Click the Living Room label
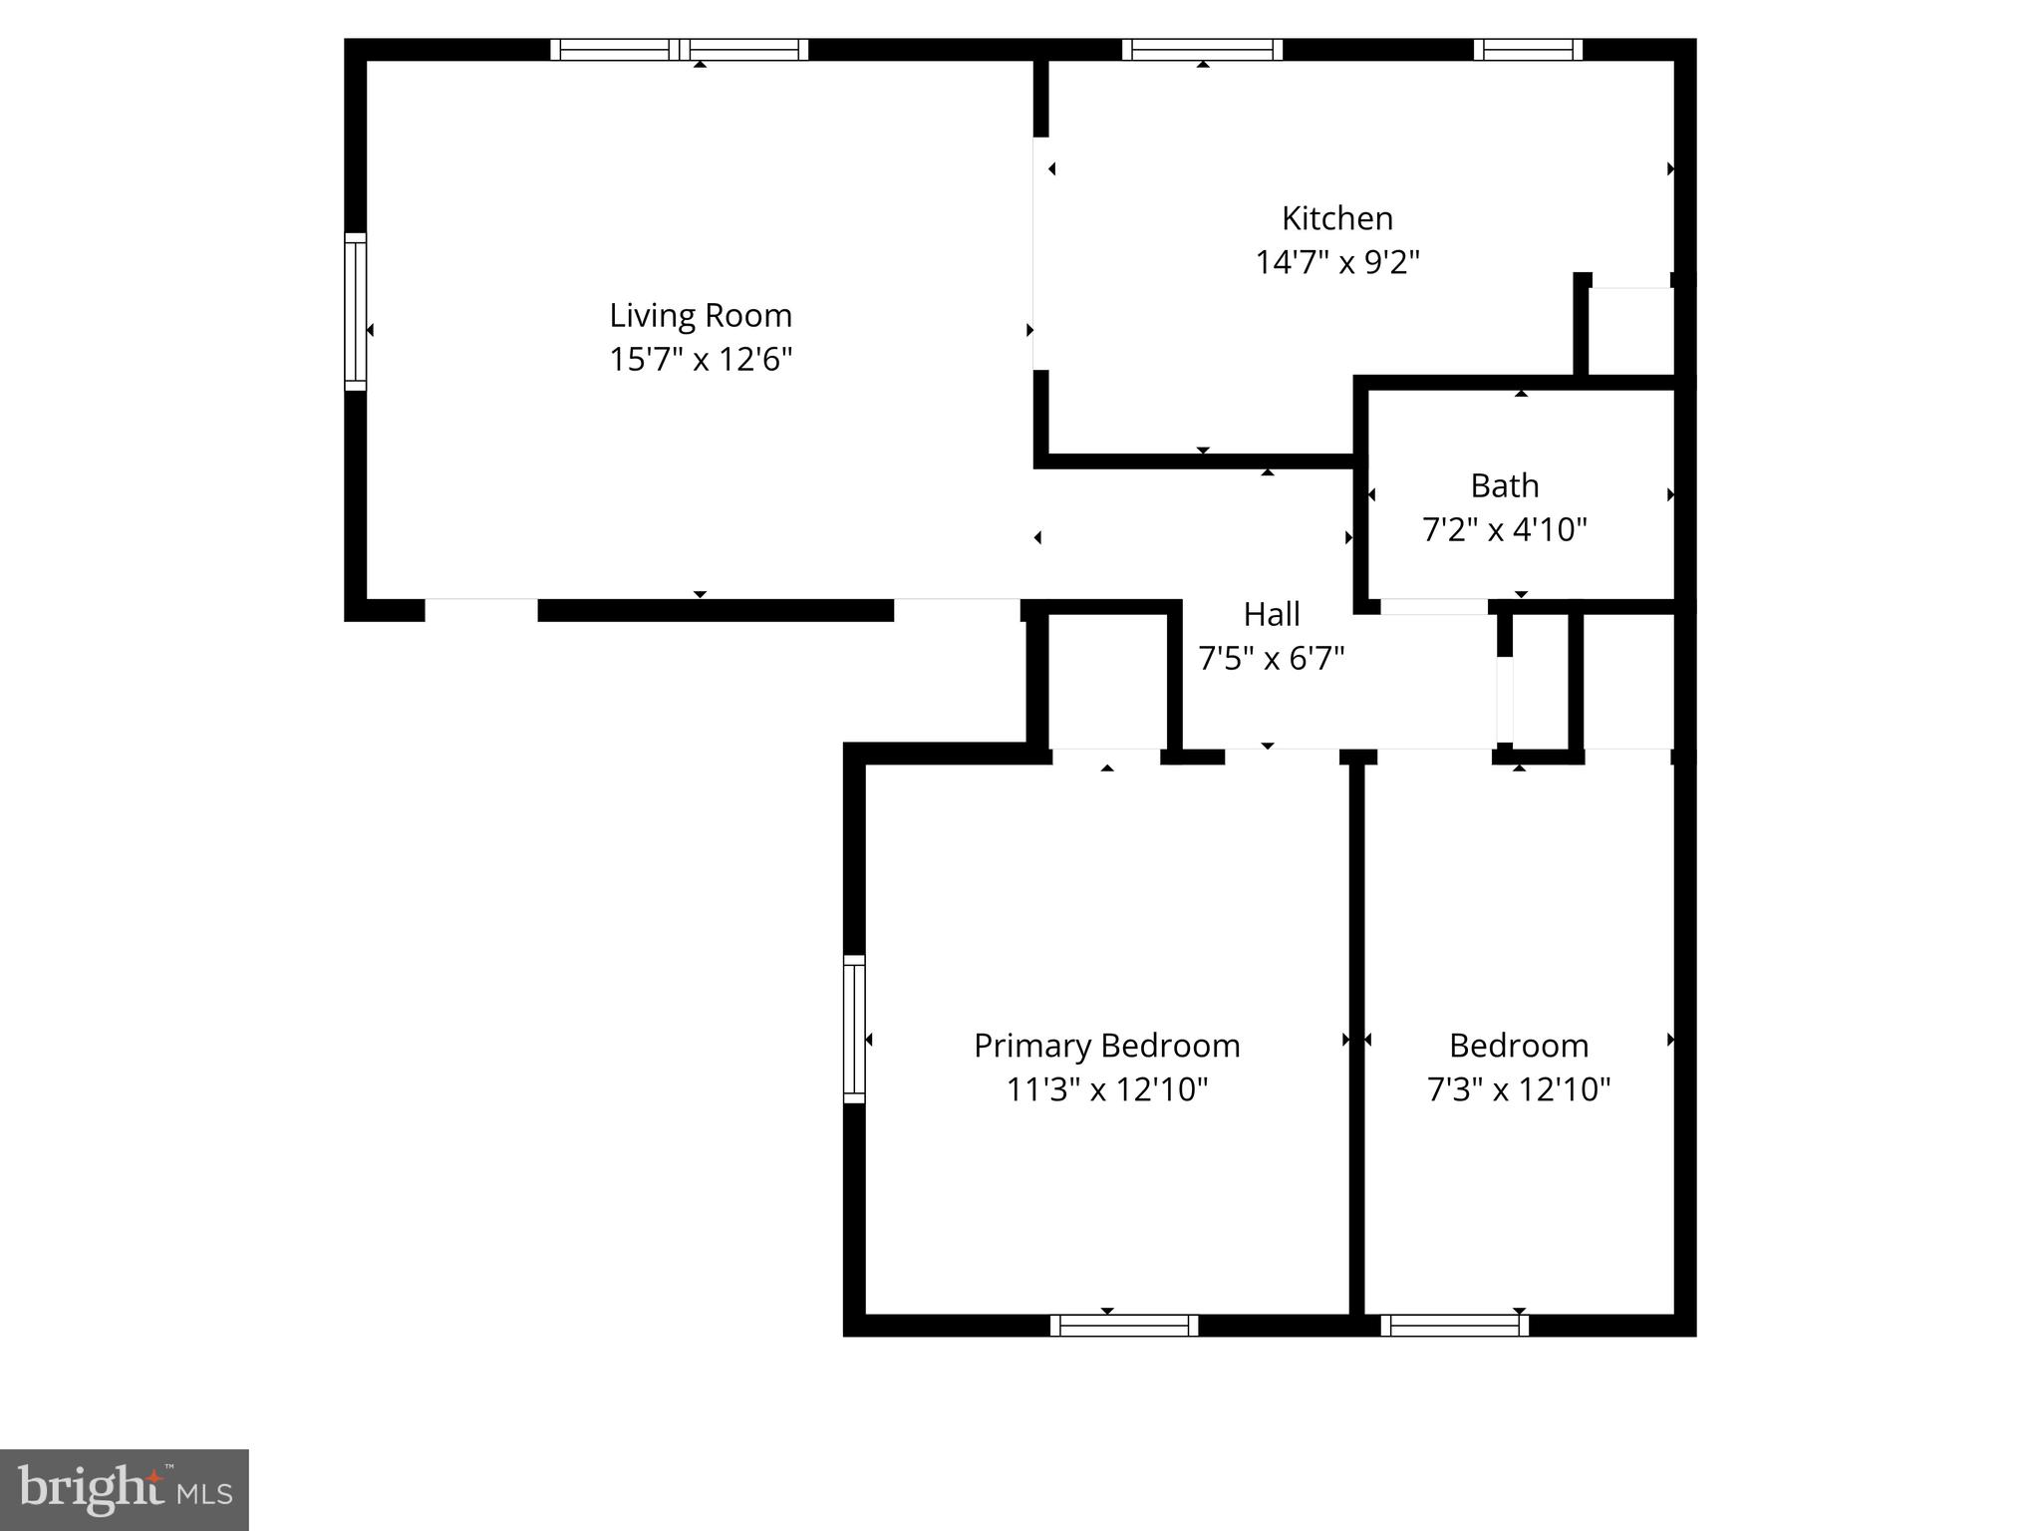(701, 315)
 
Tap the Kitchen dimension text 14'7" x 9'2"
(1336, 262)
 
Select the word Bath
(1504, 485)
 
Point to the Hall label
(1271, 614)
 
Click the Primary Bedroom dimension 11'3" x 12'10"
(1106, 1089)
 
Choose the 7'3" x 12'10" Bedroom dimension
(1518, 1089)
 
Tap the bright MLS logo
(124, 1489)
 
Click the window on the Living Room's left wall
(356, 311)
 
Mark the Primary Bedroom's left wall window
(854, 1029)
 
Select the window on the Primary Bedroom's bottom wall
(1123, 1326)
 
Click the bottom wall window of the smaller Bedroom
(1454, 1326)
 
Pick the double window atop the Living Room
(679, 50)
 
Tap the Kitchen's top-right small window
(1528, 50)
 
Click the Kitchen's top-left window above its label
(1202, 50)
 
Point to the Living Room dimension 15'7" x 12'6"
(701, 359)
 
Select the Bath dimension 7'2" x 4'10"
(1504, 529)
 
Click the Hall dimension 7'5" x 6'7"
(1271, 659)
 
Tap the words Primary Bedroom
(1106, 1046)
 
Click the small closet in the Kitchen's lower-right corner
(1629, 331)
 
